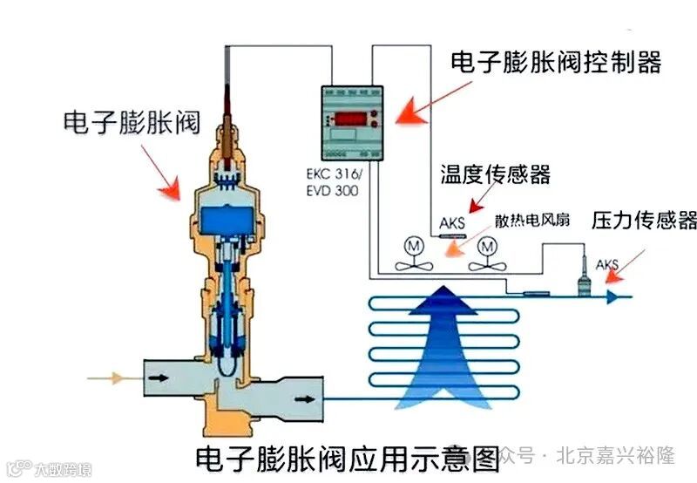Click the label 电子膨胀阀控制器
point(556,62)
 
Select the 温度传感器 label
point(495,174)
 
